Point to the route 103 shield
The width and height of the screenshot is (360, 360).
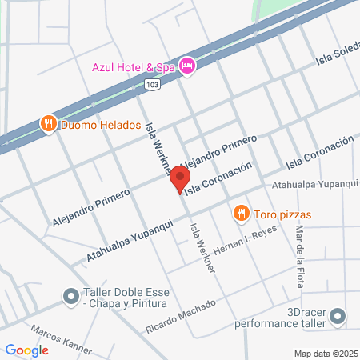click(152, 83)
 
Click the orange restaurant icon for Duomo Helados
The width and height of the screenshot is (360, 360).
click(49, 124)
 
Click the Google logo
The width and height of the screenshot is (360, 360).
click(27, 350)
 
